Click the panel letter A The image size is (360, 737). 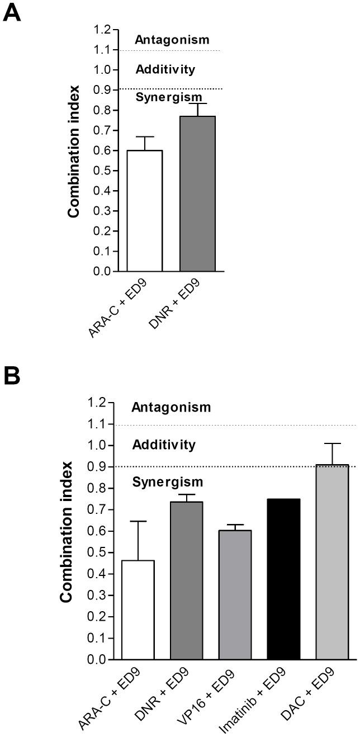(12, 12)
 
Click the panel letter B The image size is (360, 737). (12, 376)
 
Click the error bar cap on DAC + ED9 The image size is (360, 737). (332, 443)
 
